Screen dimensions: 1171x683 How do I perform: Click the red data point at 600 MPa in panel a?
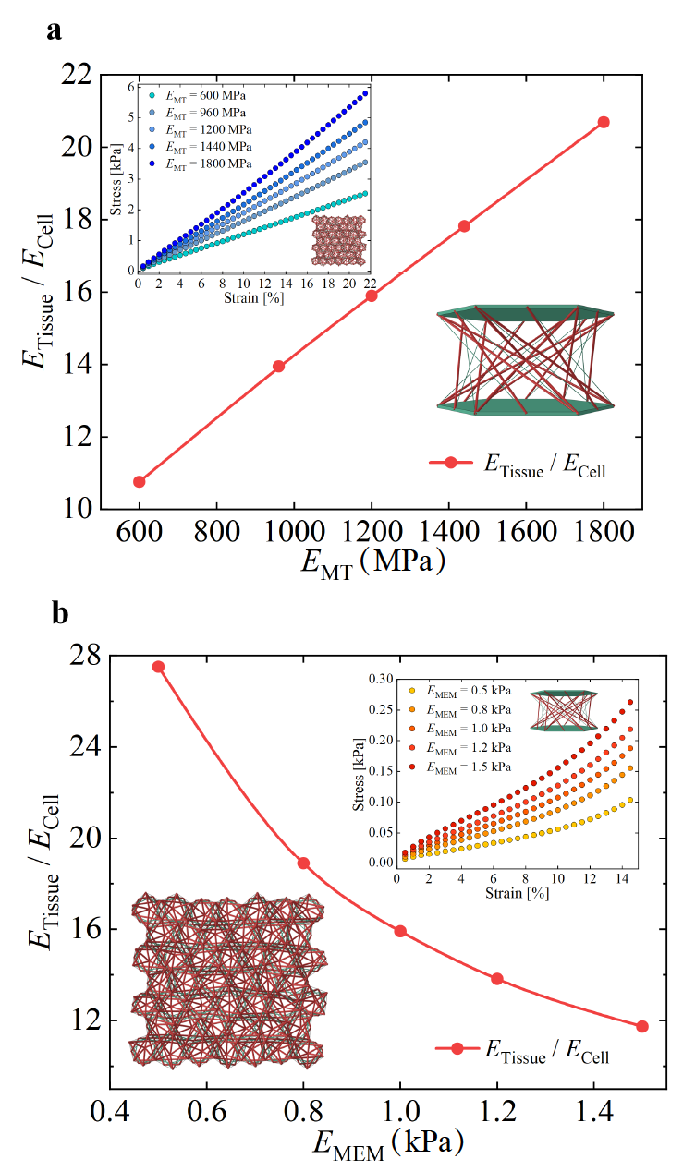tap(140, 481)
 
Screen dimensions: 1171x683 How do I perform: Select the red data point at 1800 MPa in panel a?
tap(604, 122)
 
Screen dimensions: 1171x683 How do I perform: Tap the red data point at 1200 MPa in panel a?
tap(372, 296)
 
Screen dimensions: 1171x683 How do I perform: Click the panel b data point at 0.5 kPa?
tap(158, 667)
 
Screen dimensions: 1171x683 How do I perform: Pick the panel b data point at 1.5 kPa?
tap(642, 1026)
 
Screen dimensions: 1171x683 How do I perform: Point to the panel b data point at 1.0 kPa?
tap(400, 931)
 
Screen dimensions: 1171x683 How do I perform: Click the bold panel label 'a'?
tap(55, 30)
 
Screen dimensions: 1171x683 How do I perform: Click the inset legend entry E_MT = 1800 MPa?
tap(198, 163)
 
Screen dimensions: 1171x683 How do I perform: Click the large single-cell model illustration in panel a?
tap(524, 356)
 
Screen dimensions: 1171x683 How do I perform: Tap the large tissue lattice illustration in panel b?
tap(228, 982)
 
